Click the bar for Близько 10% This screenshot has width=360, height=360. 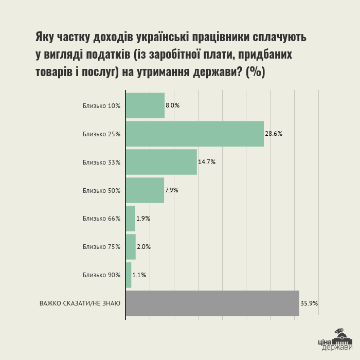(146, 105)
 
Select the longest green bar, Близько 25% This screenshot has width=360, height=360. (195, 134)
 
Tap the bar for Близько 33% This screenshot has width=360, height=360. (161, 162)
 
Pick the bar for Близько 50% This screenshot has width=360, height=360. (145, 190)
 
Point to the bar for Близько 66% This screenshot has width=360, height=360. (131, 219)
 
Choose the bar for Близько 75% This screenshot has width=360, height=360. (131, 247)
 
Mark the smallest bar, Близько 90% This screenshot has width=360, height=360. (129, 275)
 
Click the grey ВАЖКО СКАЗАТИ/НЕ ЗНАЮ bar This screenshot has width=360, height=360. (212, 303)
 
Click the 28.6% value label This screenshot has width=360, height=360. (274, 134)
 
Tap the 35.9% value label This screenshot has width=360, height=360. (309, 303)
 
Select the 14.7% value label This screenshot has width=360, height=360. (207, 162)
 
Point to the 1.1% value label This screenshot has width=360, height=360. (139, 275)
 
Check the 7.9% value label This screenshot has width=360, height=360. (172, 190)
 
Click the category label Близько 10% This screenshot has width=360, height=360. (101, 106)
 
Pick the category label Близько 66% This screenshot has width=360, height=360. (101, 219)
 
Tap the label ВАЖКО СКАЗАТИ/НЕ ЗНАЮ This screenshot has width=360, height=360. (80, 303)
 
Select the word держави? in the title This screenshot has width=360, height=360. (218, 72)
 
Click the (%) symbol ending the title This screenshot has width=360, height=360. (255, 72)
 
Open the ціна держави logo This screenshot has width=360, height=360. (335, 339)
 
